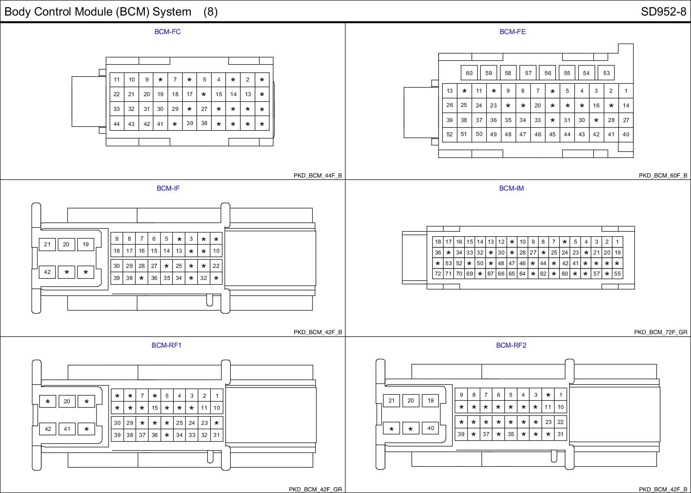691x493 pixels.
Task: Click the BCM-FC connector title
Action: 168,32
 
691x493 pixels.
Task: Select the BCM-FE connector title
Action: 512,32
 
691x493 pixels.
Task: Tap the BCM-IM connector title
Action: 511,188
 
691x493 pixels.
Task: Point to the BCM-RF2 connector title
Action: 511,345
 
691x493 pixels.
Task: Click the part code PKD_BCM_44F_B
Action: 318,176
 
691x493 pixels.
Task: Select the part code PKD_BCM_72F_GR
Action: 661,332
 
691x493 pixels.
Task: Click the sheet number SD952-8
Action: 663,12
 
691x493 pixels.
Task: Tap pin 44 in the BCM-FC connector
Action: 117,124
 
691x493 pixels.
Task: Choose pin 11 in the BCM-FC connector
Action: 117,79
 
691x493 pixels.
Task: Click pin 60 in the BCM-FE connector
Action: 469,73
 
